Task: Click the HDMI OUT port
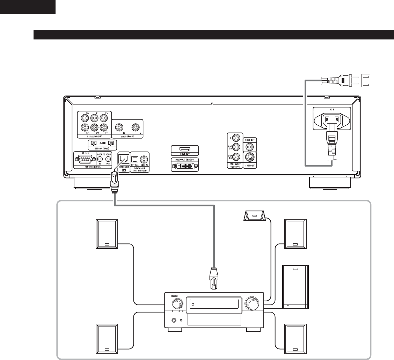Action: (x=184, y=149)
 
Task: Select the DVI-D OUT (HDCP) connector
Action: (x=184, y=166)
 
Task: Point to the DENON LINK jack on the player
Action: (x=123, y=159)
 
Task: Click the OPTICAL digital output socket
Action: (x=135, y=158)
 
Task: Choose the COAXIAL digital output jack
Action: (x=144, y=158)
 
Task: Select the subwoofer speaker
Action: (x=295, y=287)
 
